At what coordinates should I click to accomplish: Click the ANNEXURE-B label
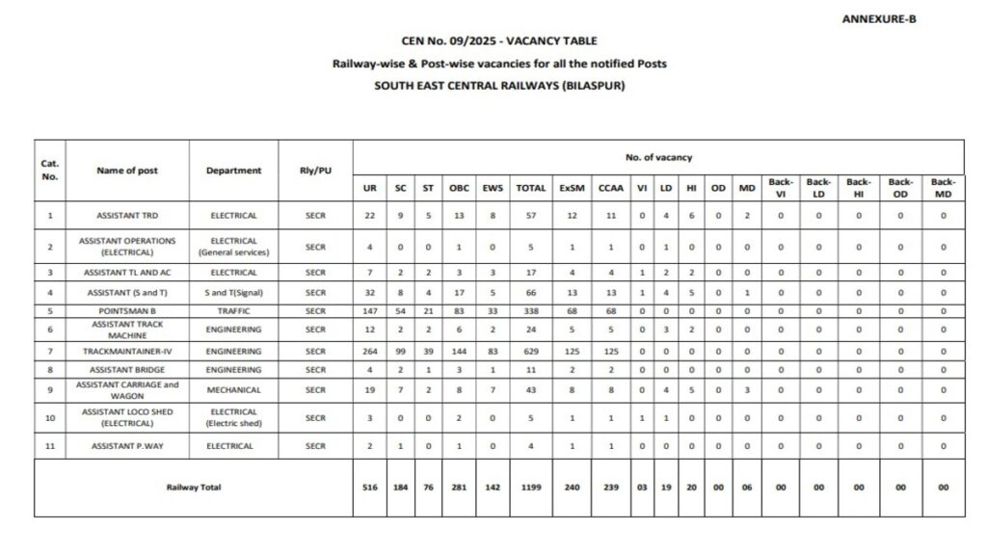[878, 18]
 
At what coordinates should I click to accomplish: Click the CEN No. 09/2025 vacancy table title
[499, 40]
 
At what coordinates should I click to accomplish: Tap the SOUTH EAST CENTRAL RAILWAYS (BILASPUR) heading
[499, 85]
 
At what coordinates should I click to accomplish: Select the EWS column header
[493, 189]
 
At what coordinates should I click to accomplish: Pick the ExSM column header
[572, 189]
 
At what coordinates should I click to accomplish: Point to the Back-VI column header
[781, 188]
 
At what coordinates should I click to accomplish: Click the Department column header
[233, 171]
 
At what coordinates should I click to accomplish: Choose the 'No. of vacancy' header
[658, 157]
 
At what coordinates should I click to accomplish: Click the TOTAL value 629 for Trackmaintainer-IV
[531, 352]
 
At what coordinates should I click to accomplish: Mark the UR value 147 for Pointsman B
[370, 311]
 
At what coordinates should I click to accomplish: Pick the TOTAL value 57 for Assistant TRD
[531, 216]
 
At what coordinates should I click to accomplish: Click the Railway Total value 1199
[531, 488]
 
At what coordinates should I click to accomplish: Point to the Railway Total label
[193, 488]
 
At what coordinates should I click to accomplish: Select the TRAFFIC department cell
[233, 311]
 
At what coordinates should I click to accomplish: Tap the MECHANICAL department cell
[233, 391]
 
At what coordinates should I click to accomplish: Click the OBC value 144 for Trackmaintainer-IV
[459, 352]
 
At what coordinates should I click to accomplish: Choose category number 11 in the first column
[50, 446]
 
